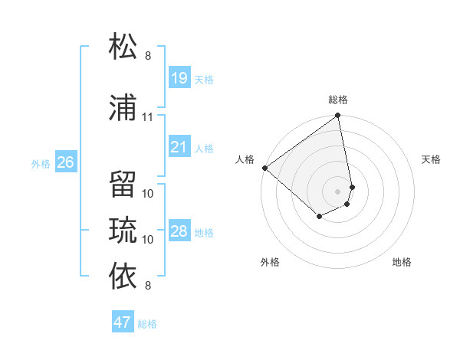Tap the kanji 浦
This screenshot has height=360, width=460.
coord(123,108)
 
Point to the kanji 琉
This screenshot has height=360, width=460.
coord(123,229)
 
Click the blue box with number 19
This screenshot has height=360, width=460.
coord(179,77)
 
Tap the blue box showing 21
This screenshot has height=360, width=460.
coord(179,146)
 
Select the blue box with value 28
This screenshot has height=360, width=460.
coord(179,231)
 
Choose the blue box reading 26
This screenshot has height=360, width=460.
coord(66,162)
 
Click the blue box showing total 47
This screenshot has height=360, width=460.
coord(123,322)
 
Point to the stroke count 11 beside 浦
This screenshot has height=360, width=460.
coord(148,117)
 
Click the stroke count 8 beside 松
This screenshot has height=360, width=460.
coord(148,55)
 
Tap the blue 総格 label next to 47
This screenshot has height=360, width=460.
coord(147,324)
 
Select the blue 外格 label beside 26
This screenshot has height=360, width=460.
coord(41,163)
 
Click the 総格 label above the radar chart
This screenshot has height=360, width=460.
coord(338,100)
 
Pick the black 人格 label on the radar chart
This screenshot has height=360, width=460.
coord(245,159)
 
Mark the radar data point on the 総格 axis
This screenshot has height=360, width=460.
coord(337,116)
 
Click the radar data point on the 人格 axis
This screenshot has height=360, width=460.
coord(264,168)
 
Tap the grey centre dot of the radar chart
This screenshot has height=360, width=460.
coord(337,191)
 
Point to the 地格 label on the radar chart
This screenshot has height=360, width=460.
coord(402,262)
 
